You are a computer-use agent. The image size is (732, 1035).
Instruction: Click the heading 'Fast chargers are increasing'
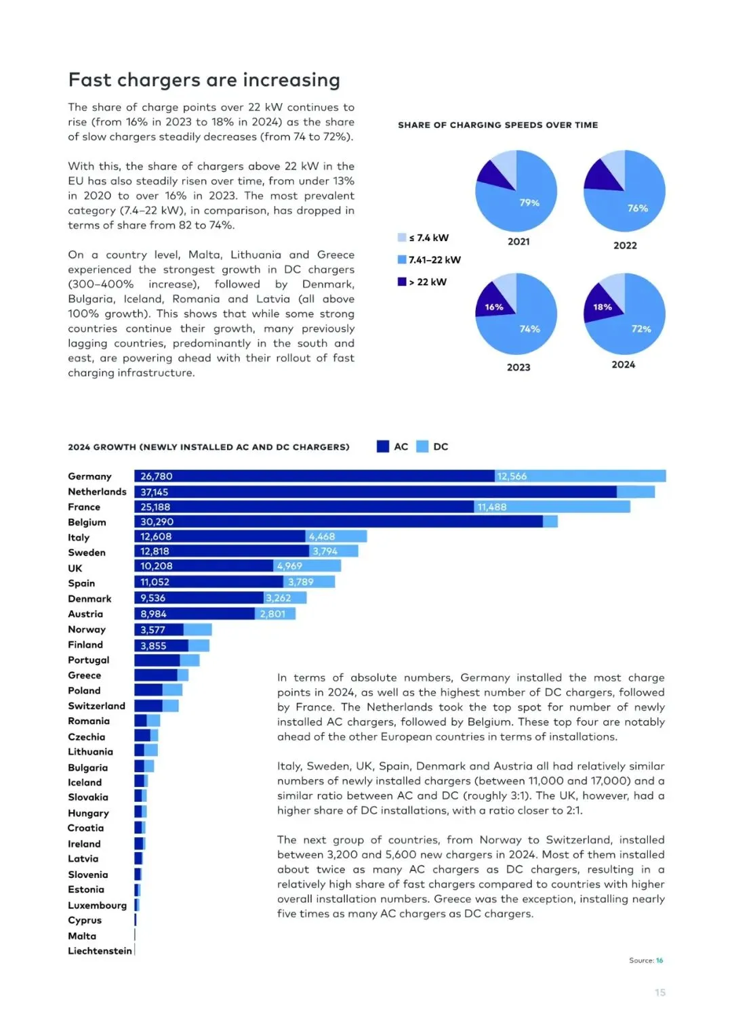204,80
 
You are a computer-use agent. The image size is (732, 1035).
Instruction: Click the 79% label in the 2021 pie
529,203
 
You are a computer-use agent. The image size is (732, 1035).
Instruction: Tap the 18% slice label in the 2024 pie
603,307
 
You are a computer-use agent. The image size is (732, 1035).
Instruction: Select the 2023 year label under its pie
518,367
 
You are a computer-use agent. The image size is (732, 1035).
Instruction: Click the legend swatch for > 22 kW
402,282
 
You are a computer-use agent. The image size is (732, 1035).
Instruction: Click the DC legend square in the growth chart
422,446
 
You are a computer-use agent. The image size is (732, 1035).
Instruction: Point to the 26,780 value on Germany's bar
157,476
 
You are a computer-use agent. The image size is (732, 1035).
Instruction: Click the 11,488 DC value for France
492,507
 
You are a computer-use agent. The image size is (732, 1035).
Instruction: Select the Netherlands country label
97,492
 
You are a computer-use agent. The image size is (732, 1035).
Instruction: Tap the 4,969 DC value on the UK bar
289,566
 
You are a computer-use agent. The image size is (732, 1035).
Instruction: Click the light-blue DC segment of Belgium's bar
550,522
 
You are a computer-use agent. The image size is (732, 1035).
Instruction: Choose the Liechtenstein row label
100,951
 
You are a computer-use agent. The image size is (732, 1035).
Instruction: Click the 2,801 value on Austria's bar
272,614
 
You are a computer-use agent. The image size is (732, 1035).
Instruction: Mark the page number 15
660,992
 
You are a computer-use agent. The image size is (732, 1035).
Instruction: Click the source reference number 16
659,960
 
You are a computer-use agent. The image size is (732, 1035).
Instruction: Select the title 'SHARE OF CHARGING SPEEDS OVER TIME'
498,125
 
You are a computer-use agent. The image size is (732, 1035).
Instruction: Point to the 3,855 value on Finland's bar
153,646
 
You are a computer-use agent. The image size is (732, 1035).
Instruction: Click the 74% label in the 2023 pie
529,329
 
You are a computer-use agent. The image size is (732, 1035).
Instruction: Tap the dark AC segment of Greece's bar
155,675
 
